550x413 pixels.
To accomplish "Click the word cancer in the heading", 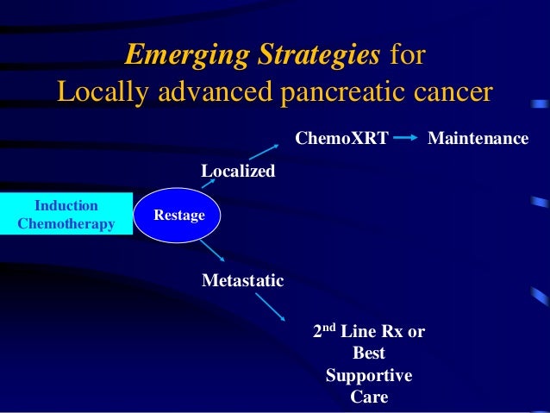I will coord(453,91).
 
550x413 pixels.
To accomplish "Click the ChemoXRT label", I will coord(342,137).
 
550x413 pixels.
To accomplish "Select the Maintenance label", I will coord(478,137).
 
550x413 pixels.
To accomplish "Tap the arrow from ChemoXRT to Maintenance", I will coord(408,137).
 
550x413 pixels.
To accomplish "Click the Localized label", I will coord(238,172).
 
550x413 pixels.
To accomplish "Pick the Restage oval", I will coord(179,215).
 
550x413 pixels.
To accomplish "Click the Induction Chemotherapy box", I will coord(66,214).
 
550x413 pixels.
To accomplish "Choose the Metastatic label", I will coord(242,280).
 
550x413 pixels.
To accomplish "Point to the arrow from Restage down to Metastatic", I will coord(211,251).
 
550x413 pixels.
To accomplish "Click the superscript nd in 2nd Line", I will coord(328,327).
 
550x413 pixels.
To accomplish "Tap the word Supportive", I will coord(368,376).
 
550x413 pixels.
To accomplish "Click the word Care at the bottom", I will coord(369,397).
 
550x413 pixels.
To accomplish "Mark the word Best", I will coord(369,354).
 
